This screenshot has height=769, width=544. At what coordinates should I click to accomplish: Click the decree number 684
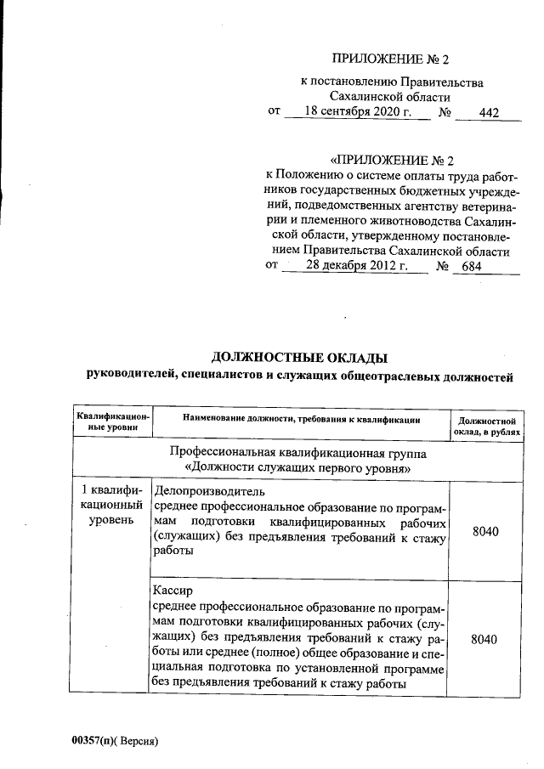click(x=471, y=267)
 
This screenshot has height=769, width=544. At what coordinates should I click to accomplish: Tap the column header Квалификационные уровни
click(x=112, y=421)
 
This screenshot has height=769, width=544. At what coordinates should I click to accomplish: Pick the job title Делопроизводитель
click(x=209, y=491)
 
